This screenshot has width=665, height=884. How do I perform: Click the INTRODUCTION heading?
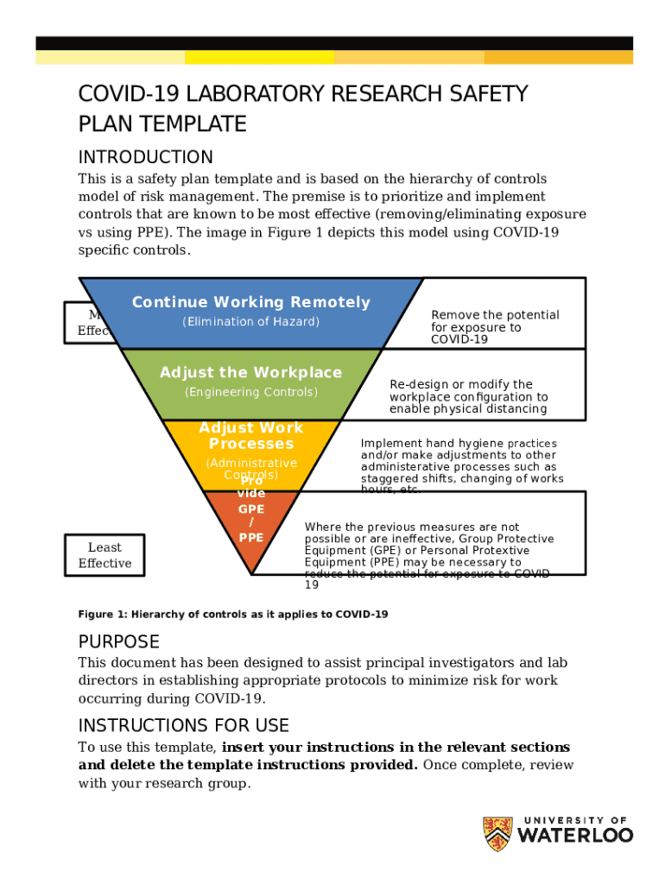[145, 157]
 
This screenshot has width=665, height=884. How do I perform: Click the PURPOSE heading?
[119, 642]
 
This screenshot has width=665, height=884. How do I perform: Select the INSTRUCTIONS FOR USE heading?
[183, 725]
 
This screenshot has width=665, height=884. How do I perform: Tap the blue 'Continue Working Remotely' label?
[250, 302]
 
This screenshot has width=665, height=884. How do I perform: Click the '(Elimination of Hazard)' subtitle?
[250, 322]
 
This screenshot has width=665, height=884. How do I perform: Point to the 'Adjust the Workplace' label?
[250, 373]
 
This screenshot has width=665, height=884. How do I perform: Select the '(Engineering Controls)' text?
[250, 392]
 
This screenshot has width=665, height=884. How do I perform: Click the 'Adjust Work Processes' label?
[250, 436]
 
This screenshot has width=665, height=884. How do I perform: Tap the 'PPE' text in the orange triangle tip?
[251, 537]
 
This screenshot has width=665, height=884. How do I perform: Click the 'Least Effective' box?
[104, 555]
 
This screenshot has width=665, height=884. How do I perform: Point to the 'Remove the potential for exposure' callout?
[495, 327]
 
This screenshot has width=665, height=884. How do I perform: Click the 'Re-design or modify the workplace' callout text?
[468, 396]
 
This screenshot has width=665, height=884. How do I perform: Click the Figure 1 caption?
[233, 615]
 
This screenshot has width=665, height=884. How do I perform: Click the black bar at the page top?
[333, 43]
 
